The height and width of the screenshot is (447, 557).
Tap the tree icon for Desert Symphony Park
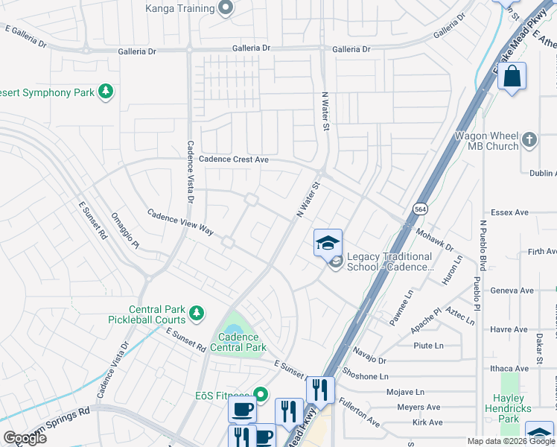pyautogui.click(x=106, y=92)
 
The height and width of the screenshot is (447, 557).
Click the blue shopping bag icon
pyautogui.click(x=512, y=77)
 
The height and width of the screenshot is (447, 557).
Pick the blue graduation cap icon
pyautogui.click(x=327, y=243)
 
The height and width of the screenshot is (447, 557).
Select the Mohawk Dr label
pyautogui.click(x=436, y=239)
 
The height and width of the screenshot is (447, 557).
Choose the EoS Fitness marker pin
pyautogui.click(x=260, y=393)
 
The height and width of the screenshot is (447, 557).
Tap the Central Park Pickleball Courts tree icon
pyautogui.click(x=196, y=313)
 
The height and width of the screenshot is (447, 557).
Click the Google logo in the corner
pyautogui.click(x=25, y=437)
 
